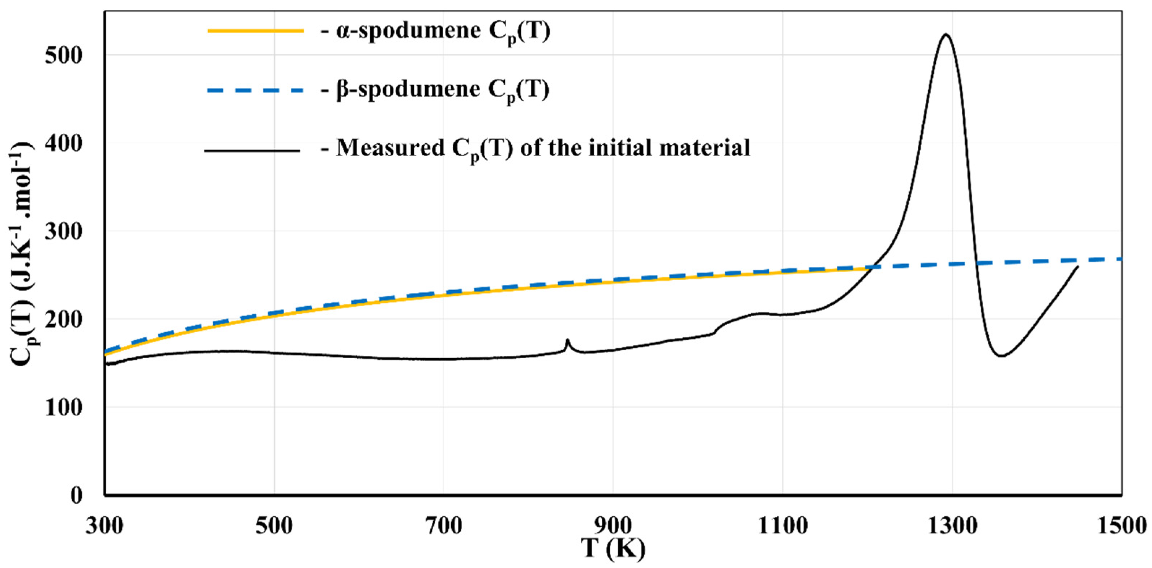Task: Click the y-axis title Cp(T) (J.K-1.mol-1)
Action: click(24, 251)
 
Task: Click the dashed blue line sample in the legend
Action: click(256, 90)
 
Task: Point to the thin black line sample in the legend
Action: click(253, 151)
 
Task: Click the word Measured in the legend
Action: click(390, 148)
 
